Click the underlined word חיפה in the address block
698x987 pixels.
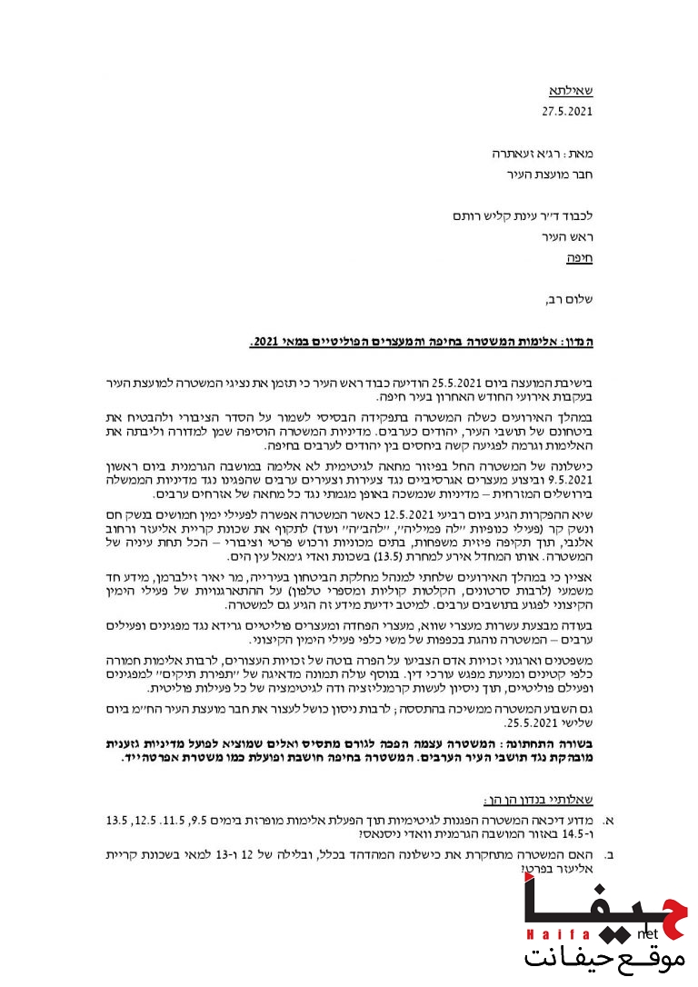[x=579, y=257]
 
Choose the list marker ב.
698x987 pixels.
[x=609, y=855]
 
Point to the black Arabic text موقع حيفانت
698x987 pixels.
[x=602, y=958]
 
